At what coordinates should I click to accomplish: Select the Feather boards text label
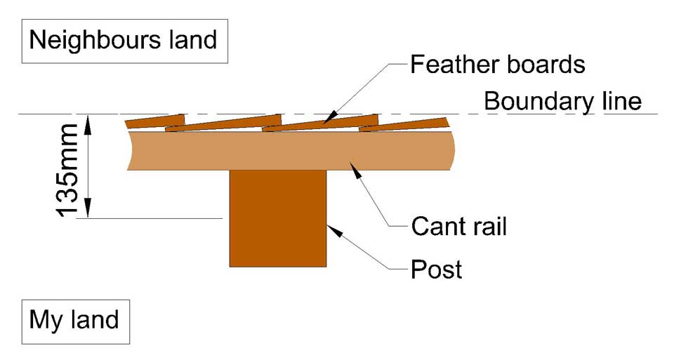coord(498,65)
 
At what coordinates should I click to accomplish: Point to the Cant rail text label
coord(459,226)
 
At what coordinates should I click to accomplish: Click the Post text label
coord(437,268)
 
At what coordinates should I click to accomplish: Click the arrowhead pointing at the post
coord(332,229)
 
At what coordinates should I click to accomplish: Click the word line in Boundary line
coord(617,101)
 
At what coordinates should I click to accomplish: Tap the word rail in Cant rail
coord(489,226)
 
